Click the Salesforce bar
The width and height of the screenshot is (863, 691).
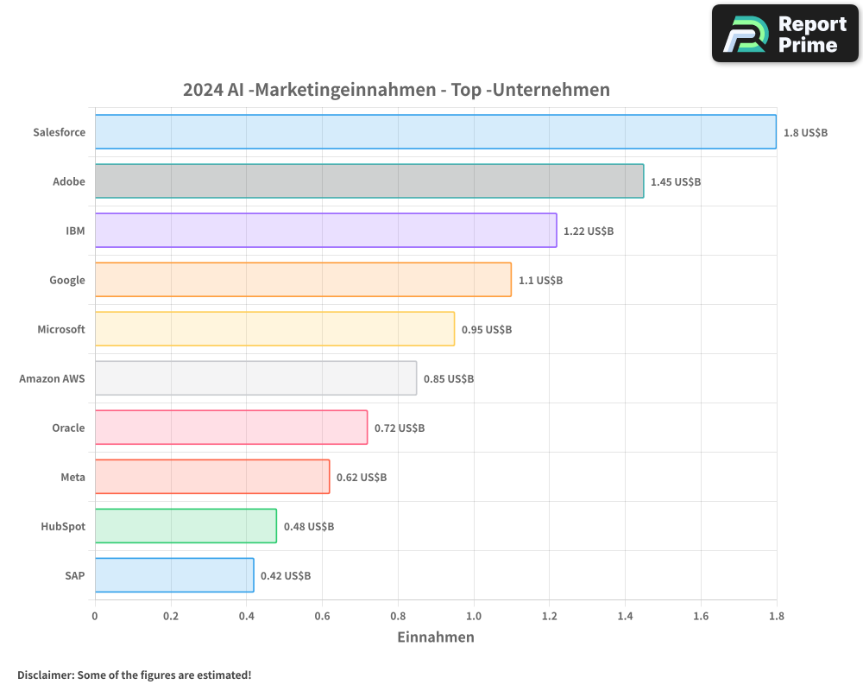click(x=435, y=132)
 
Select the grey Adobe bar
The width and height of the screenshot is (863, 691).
click(x=369, y=181)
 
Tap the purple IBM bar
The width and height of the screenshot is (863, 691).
click(x=325, y=231)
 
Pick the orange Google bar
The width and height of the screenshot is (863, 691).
click(x=303, y=280)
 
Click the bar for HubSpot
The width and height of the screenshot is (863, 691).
click(x=186, y=526)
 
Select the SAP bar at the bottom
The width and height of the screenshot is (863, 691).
click(x=174, y=575)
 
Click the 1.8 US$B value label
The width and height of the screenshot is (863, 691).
click(x=805, y=133)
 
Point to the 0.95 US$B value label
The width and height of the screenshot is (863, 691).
click(x=486, y=330)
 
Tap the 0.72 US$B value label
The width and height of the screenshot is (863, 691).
click(x=399, y=428)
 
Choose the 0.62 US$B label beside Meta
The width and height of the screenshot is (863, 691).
click(x=361, y=478)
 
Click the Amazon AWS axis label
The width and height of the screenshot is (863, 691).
click(x=52, y=378)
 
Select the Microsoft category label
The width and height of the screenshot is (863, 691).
click(x=60, y=329)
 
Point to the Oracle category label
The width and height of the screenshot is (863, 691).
click(x=68, y=428)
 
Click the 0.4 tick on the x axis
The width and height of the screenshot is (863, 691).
click(x=246, y=617)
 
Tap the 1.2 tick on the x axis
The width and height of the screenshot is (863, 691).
click(x=549, y=617)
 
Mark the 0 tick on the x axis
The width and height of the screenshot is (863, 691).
click(x=95, y=617)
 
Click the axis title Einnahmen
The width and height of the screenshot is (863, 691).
click(x=435, y=637)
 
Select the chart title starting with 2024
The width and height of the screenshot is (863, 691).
click(x=396, y=90)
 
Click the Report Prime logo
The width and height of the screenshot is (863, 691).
click(x=785, y=34)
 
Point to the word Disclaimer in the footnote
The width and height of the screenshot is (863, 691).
click(x=45, y=675)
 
